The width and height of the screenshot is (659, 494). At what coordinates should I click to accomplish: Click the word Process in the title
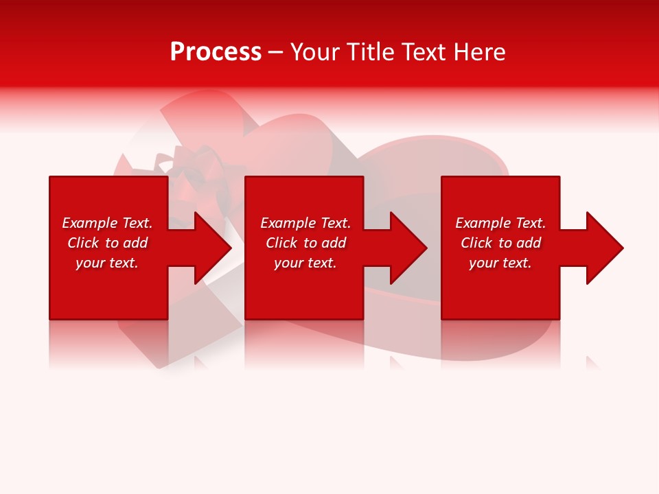[x=216, y=52]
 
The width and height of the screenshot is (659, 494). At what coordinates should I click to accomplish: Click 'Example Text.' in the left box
[x=107, y=223]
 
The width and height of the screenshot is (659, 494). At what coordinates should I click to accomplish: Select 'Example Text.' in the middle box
[x=305, y=223]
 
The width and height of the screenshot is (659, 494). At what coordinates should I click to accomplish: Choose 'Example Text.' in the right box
[x=500, y=223]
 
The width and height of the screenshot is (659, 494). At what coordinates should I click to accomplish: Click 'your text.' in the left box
[x=107, y=263]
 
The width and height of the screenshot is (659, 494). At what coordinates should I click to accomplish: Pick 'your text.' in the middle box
[x=305, y=263]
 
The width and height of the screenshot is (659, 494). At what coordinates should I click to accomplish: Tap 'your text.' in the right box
[x=500, y=263]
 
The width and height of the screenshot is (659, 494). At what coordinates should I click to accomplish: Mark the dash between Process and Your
[x=275, y=53]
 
